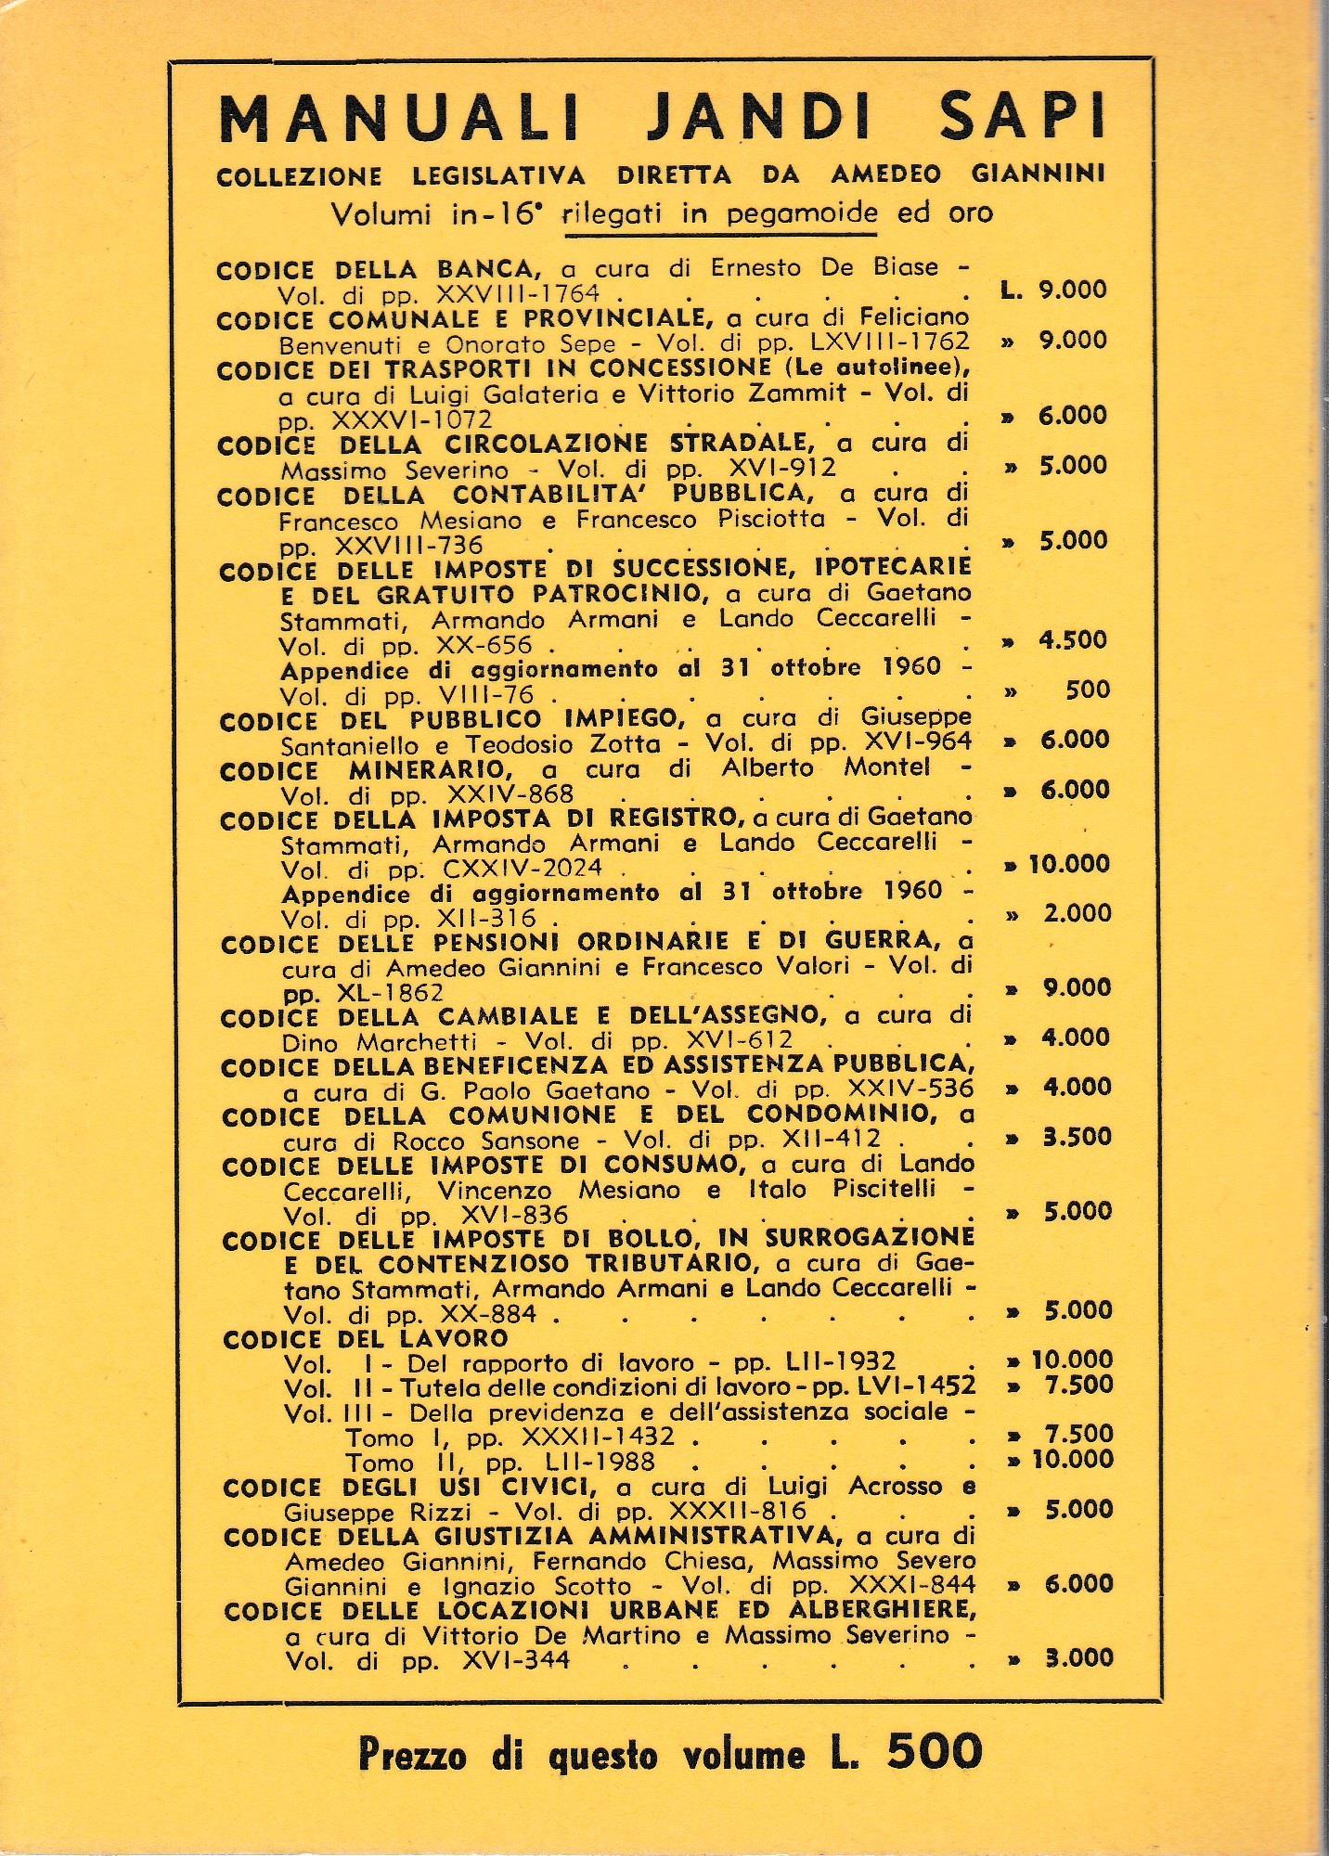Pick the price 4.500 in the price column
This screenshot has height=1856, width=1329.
1074,639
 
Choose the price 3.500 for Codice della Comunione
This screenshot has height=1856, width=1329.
1076,1137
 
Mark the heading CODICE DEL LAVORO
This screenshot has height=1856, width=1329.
366,1338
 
